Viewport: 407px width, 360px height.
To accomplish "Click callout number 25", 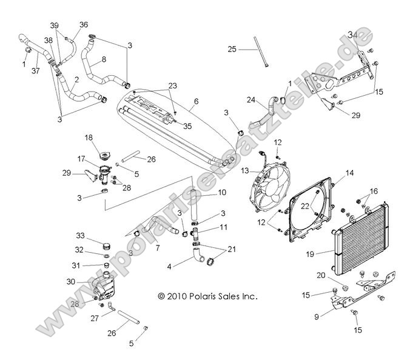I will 232,48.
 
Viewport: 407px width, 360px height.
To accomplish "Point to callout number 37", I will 35,71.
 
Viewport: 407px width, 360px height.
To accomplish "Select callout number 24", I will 251,100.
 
